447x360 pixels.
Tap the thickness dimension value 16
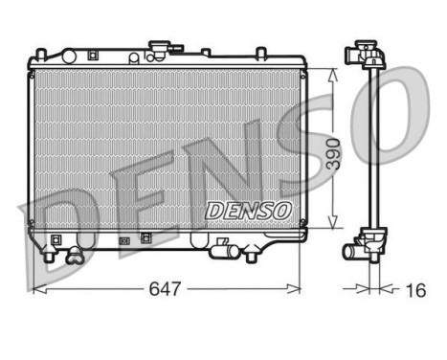point(413,288)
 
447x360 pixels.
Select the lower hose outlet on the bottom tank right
point(227,251)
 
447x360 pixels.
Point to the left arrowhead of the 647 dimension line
point(37,287)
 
